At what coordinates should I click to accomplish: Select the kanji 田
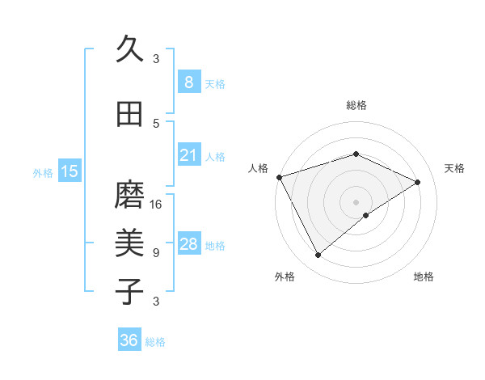[x=129, y=115]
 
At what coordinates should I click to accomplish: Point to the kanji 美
[x=129, y=243]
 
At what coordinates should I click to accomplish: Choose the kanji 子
[x=129, y=291]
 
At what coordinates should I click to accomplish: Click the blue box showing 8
[x=188, y=82]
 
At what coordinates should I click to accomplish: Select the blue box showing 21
[x=188, y=154]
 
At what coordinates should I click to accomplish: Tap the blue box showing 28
[x=188, y=244]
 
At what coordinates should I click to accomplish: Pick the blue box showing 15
[x=70, y=171]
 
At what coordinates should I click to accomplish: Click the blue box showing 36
[x=129, y=340]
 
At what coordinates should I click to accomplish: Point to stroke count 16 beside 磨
[x=157, y=204]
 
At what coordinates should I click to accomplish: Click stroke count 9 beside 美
[x=156, y=252]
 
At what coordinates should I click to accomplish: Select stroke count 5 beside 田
[x=156, y=123]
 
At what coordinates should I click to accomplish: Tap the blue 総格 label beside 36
[x=155, y=342]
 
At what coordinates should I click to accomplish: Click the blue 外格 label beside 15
[x=43, y=172]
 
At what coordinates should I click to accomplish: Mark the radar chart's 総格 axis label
[x=356, y=105]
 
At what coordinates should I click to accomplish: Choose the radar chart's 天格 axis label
[x=454, y=168]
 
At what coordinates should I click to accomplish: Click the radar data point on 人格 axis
[x=279, y=177]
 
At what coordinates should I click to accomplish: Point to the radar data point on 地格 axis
[x=366, y=215]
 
